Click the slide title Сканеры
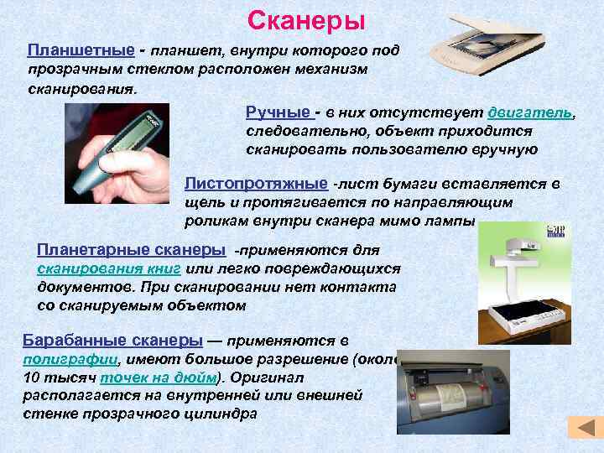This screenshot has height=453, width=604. point(307,18)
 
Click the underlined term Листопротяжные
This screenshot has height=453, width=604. point(256,184)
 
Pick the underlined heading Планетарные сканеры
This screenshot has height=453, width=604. point(131,250)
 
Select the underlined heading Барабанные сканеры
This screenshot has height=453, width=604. point(112,341)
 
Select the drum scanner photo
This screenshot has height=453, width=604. point(454,394)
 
